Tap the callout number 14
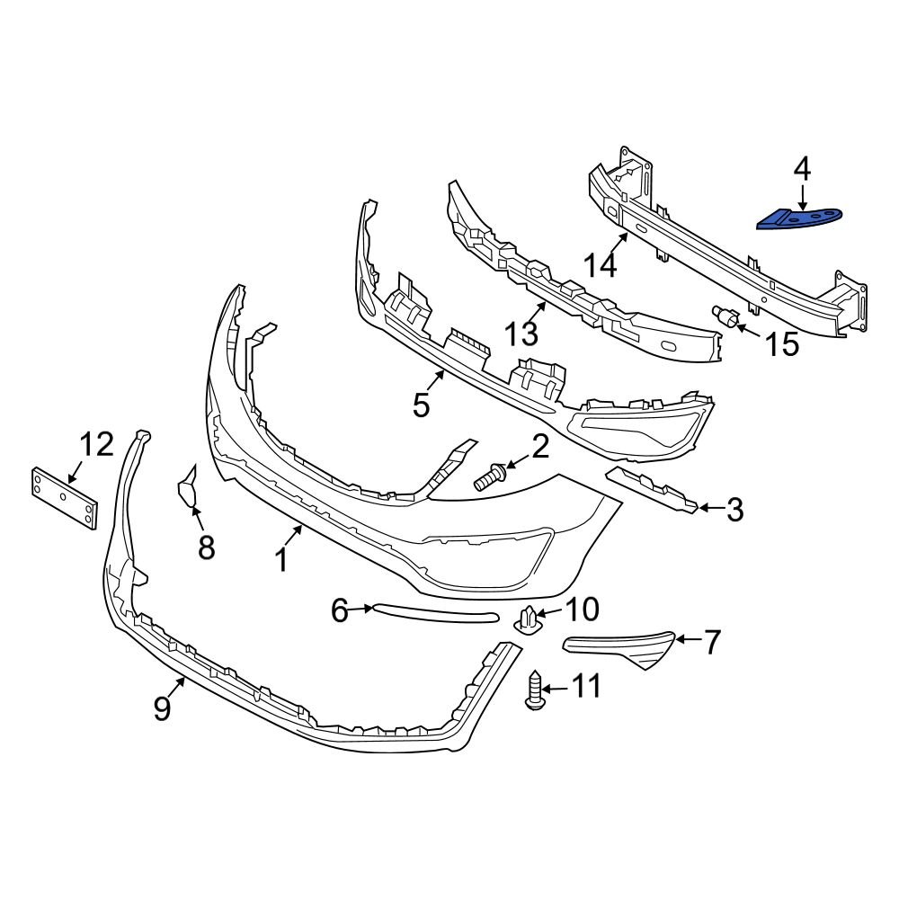click(601, 265)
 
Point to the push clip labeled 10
click(530, 619)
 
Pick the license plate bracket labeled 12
click(64, 498)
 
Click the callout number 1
click(280, 560)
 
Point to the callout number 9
click(162, 709)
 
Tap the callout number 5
click(422, 405)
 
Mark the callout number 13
click(521, 334)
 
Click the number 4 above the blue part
click(801, 168)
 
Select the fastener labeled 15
click(726, 317)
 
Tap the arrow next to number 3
click(709, 508)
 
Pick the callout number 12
click(96, 444)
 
